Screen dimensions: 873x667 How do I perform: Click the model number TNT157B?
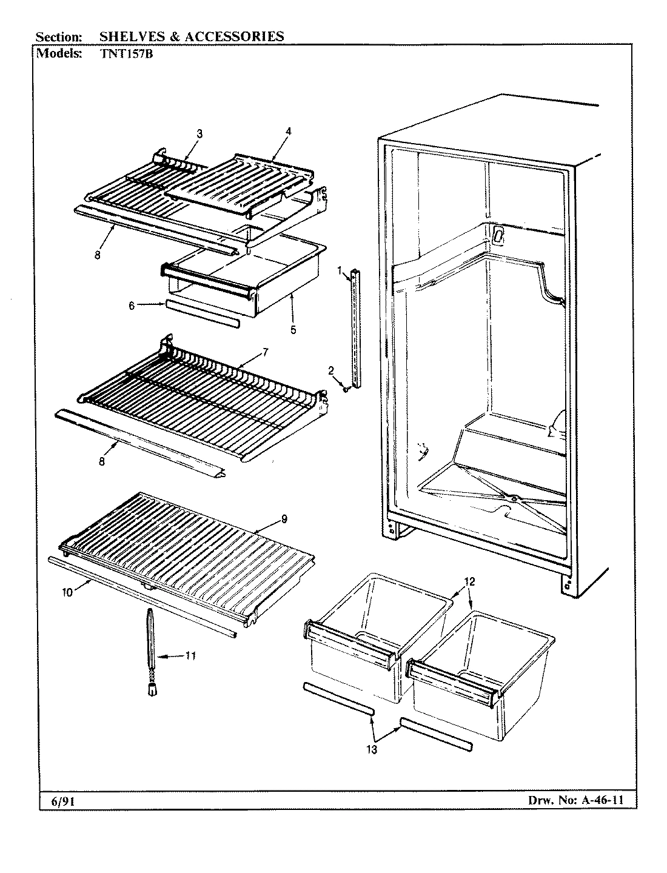click(x=122, y=53)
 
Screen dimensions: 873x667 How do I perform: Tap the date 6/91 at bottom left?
click(x=59, y=802)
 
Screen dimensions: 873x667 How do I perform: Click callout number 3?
click(x=199, y=133)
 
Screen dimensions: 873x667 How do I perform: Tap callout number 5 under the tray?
click(x=293, y=330)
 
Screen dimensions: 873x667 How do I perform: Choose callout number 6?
click(x=132, y=306)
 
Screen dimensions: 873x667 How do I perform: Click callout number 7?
click(x=265, y=352)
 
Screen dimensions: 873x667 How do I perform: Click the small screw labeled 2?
click(x=344, y=389)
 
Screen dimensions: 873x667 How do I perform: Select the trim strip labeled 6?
click(x=201, y=313)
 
